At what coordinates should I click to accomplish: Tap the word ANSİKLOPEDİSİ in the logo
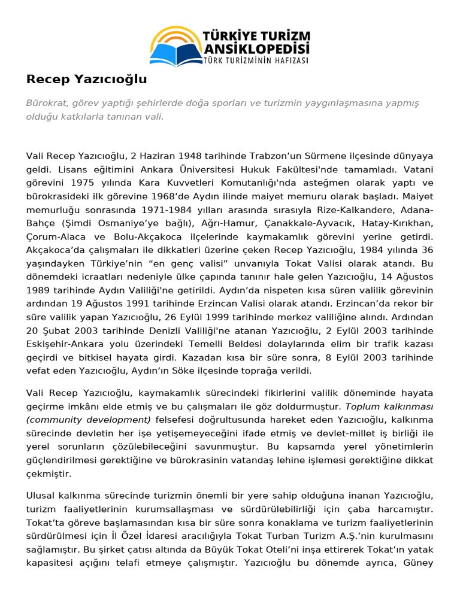pyautogui.click(x=256, y=47)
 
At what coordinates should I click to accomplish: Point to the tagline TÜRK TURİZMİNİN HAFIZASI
pyautogui.click(x=256, y=60)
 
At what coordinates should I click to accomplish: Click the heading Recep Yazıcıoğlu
pyautogui.click(x=86, y=80)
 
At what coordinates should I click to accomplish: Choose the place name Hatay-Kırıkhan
pyautogui.click(x=397, y=224)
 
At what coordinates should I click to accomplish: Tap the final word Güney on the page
pyautogui.click(x=417, y=563)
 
